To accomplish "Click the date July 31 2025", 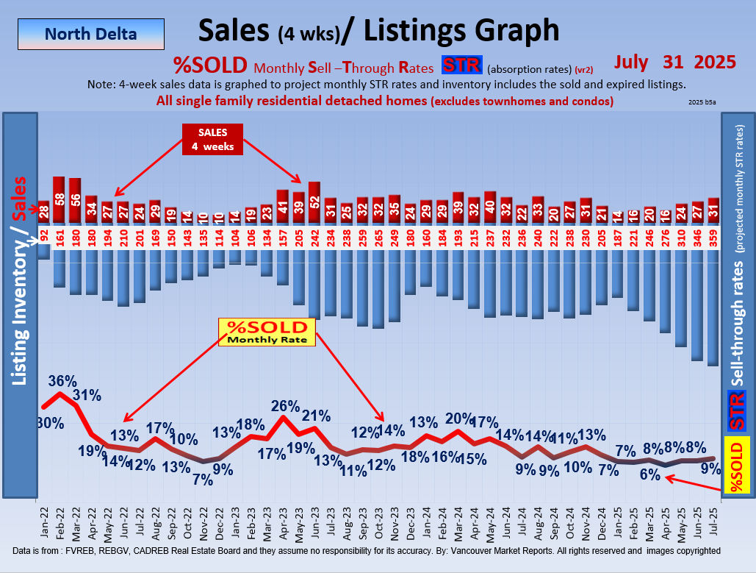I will click(x=675, y=62).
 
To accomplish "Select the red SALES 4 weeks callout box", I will click(x=213, y=139).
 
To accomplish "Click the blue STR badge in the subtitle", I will click(x=461, y=65).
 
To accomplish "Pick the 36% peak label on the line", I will click(x=63, y=381).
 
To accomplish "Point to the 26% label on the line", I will click(x=285, y=405).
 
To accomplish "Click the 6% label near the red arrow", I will click(x=649, y=475).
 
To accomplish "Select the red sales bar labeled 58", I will click(x=60, y=199).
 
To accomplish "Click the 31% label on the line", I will click(x=87, y=395).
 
